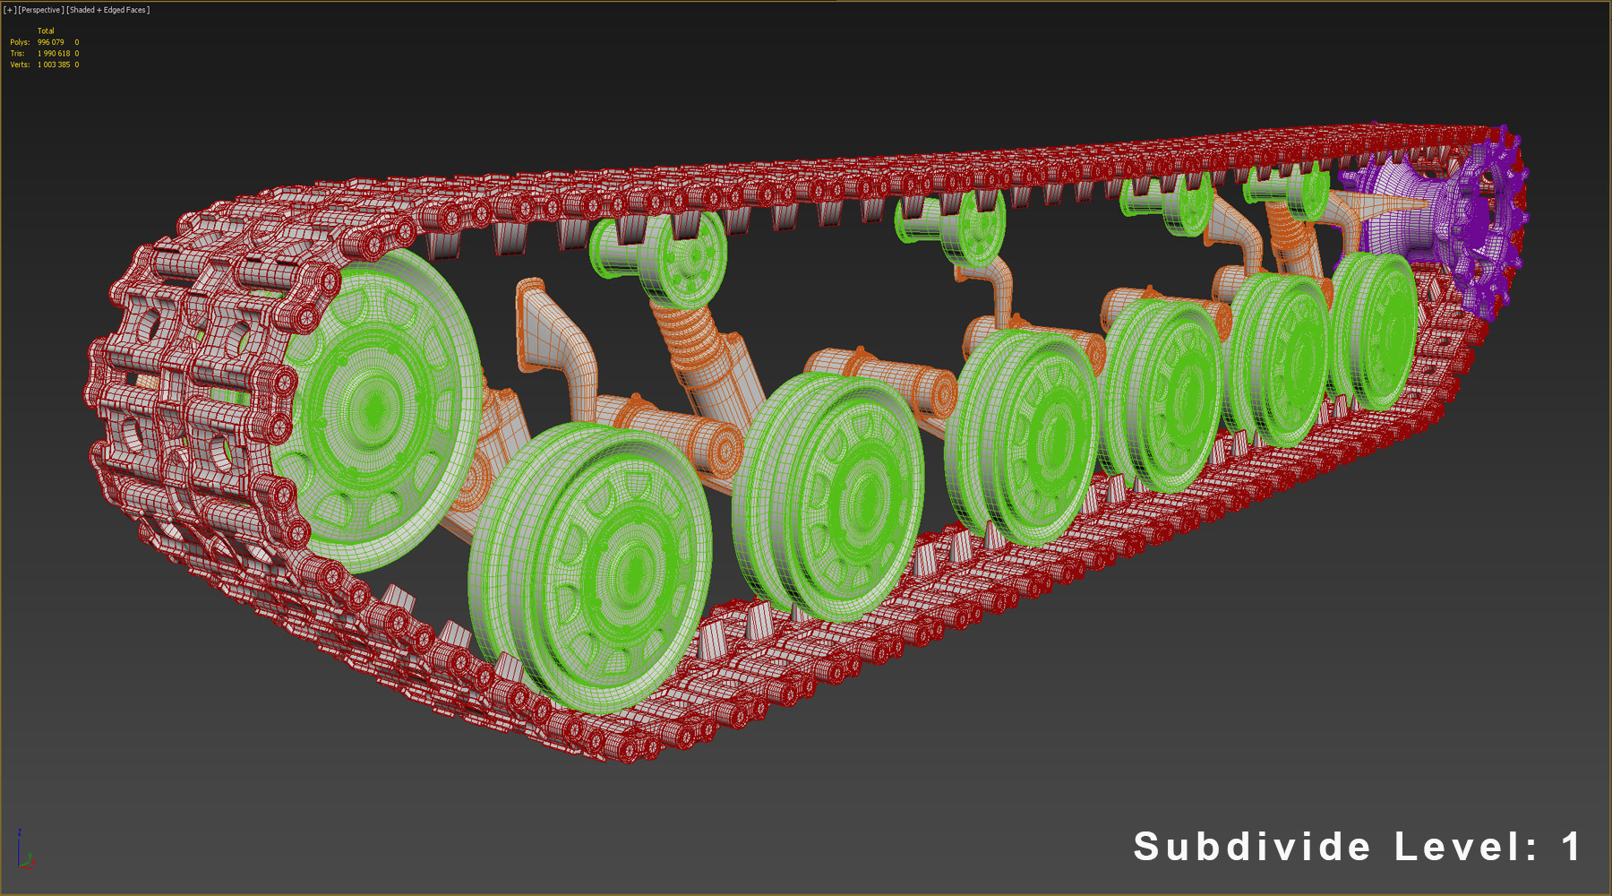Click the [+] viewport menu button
[x=10, y=10]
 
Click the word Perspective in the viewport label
[x=41, y=10]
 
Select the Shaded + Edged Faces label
[x=108, y=10]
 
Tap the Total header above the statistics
[x=46, y=30]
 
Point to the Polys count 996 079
[x=50, y=42]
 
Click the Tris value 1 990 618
[x=53, y=54]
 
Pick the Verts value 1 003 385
[x=53, y=65]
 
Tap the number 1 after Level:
[x=1570, y=847]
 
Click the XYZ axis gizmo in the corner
[x=23, y=851]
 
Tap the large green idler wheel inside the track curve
[x=376, y=408]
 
